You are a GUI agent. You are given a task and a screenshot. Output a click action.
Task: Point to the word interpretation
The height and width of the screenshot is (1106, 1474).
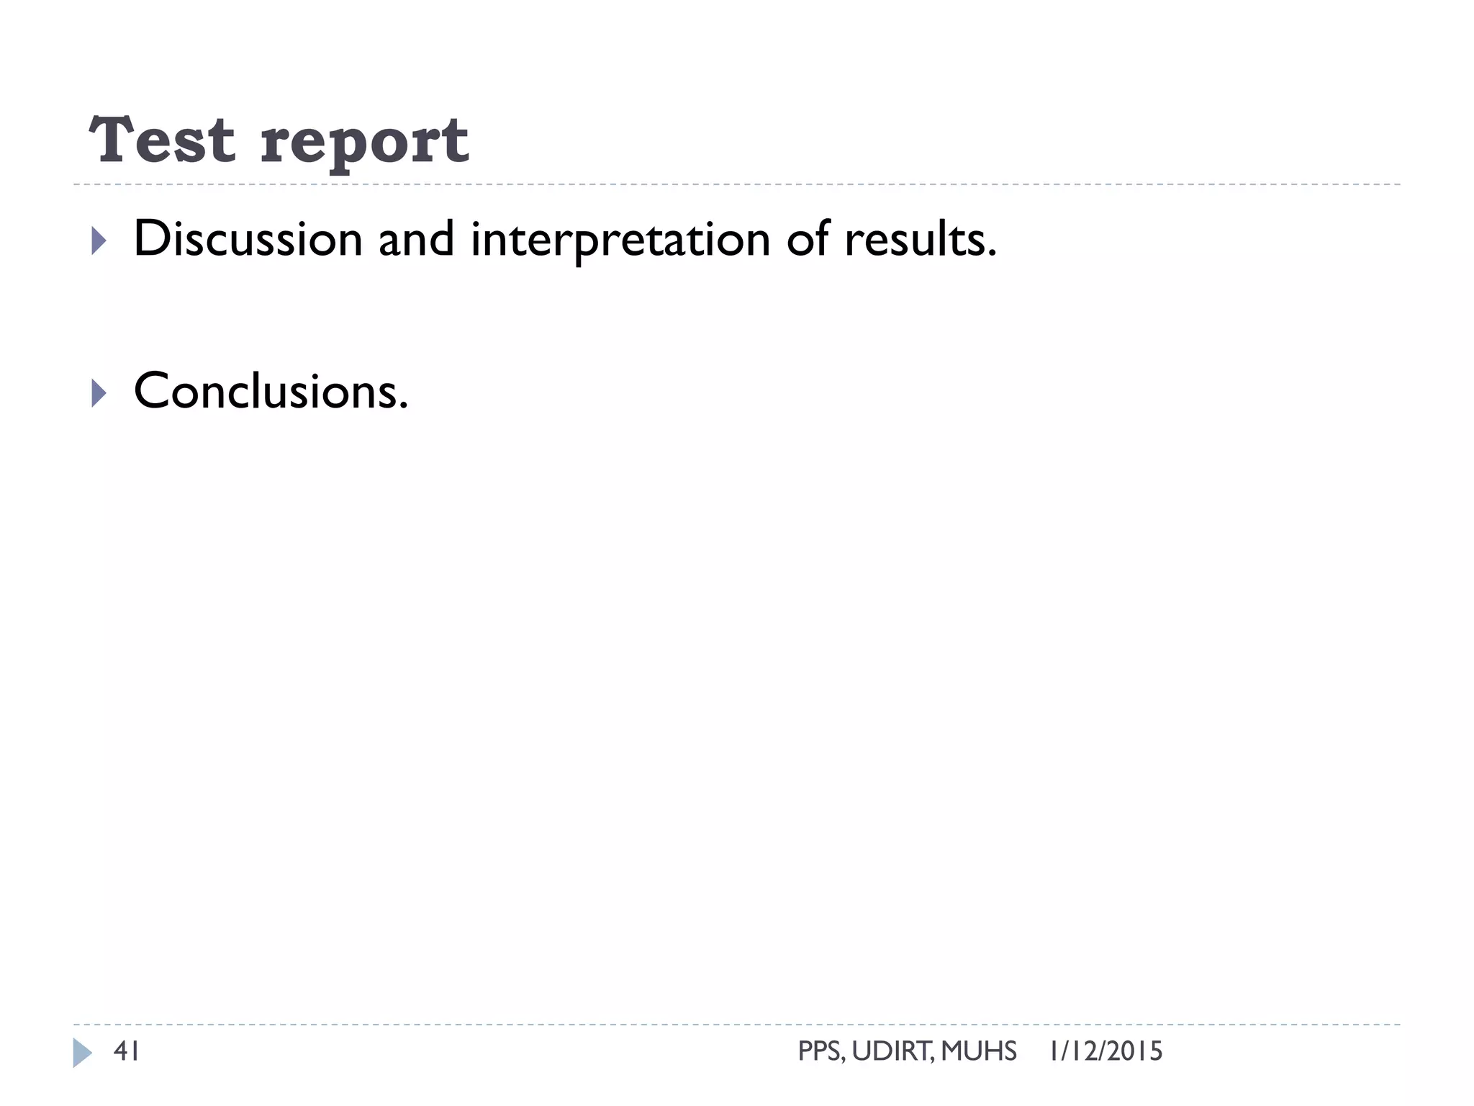620,240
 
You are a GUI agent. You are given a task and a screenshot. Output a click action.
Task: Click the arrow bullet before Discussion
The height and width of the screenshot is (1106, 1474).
99,240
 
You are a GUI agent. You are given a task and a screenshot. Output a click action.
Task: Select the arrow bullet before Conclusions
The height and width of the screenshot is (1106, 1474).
99,393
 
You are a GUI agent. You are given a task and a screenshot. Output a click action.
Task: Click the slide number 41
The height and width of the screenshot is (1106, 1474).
127,1051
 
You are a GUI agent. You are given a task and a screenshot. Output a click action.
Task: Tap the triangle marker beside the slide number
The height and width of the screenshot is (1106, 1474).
82,1053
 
